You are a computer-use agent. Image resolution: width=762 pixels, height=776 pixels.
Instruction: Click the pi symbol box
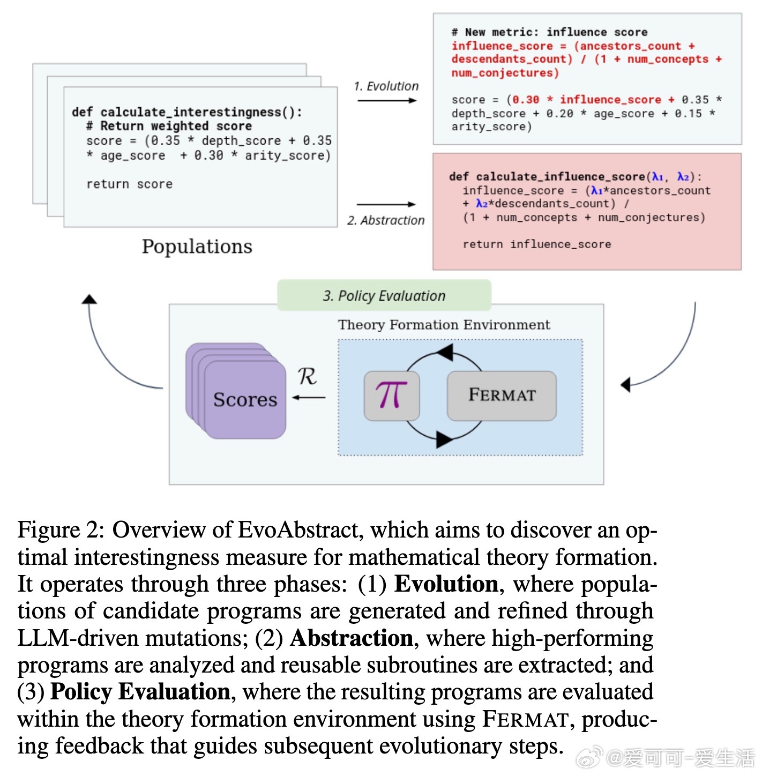pos(391,396)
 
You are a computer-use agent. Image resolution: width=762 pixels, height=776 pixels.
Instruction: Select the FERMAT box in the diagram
pos(502,396)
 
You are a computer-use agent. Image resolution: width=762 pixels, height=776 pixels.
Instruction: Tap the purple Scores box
pos(245,400)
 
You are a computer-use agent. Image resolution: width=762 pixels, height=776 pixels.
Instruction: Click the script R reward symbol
pos(307,376)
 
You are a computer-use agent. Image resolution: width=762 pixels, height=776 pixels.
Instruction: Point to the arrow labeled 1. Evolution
pos(386,100)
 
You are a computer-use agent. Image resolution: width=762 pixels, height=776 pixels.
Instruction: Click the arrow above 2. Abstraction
pos(386,204)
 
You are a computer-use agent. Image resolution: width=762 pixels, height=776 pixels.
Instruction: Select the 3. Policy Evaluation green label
pos(384,296)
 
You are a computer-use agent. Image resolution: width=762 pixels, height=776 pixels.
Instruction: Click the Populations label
pos(197,247)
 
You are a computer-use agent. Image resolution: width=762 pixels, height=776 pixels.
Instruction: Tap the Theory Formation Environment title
pos(444,325)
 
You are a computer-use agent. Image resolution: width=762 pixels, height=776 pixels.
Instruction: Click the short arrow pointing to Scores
pos(309,397)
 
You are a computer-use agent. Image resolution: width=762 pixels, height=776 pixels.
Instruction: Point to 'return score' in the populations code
pos(129,184)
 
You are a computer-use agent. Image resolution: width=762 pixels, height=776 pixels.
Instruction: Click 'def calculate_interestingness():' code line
pos(187,112)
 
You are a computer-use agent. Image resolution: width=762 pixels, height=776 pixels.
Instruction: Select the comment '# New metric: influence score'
pos(549,32)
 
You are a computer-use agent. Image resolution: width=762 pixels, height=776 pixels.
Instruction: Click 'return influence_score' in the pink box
pos(537,244)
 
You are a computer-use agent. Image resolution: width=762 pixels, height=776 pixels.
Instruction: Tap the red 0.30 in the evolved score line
pos(526,100)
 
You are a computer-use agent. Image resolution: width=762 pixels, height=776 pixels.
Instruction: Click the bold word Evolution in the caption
pos(446,584)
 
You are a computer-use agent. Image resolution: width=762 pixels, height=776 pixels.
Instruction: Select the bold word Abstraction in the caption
pos(352,638)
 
